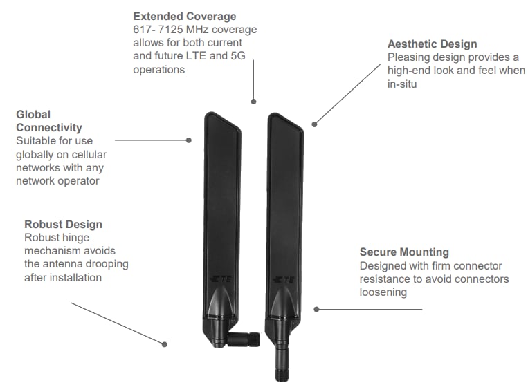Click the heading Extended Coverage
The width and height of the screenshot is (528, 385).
[184, 16]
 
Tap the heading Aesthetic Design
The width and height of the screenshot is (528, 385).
[432, 44]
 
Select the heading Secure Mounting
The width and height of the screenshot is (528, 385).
[404, 252]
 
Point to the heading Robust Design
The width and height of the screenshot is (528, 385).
[63, 224]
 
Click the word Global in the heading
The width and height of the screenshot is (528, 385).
[33, 114]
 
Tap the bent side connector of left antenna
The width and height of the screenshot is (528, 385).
[248, 340]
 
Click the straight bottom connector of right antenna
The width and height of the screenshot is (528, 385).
[282, 359]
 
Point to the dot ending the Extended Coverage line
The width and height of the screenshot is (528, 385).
[253, 102]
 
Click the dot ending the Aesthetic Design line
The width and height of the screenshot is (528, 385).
[314, 124]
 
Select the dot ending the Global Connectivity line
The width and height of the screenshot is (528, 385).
[189, 140]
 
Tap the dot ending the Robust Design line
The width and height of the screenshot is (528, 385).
[165, 344]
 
